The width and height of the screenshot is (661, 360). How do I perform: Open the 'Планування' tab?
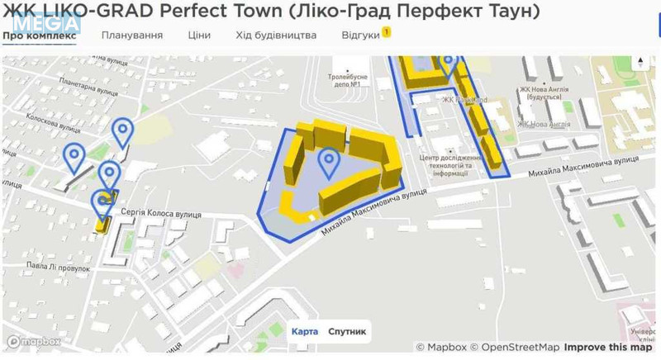[132, 36]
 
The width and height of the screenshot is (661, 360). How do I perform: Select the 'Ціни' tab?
[199, 36]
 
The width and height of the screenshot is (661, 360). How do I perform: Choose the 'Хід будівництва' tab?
[276, 36]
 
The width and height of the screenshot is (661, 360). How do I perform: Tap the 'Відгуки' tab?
[360, 36]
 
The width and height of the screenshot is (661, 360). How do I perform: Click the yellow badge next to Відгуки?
[386, 31]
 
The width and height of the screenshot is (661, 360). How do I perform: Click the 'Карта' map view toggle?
[304, 331]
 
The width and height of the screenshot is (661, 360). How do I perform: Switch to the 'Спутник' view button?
[347, 331]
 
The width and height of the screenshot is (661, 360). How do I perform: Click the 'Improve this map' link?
[608, 348]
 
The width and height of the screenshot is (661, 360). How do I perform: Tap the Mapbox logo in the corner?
[35, 342]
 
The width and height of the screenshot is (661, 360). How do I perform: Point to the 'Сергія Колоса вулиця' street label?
[160, 214]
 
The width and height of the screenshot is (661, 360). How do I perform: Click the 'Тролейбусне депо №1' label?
[348, 80]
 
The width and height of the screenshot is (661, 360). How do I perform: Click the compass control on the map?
[640, 64]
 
